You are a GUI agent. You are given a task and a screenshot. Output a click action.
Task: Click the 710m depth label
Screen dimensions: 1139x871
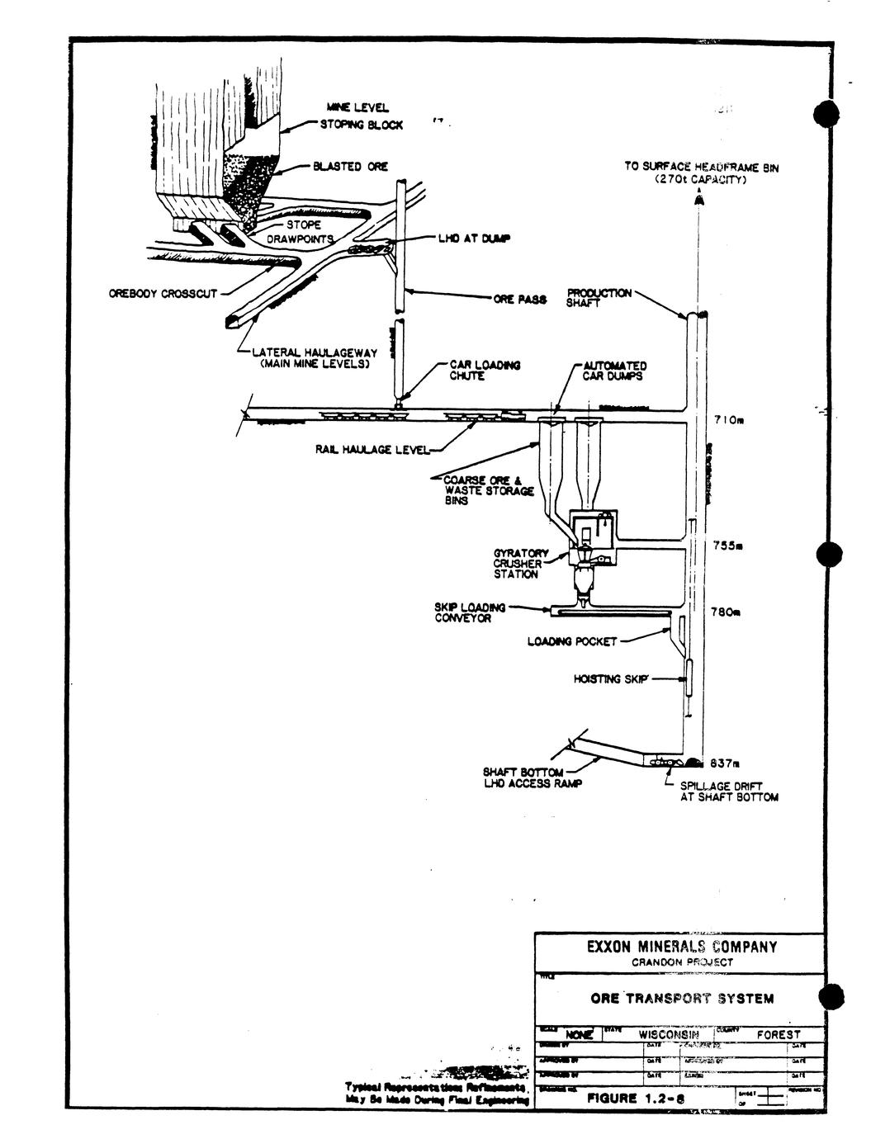pyautogui.click(x=729, y=420)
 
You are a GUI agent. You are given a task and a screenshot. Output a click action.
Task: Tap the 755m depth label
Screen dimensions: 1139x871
pyautogui.click(x=729, y=546)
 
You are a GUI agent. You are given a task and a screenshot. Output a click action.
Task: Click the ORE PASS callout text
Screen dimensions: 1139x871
pyautogui.click(x=520, y=300)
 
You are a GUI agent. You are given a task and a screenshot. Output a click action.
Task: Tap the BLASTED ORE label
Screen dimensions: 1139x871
pyautogui.click(x=350, y=167)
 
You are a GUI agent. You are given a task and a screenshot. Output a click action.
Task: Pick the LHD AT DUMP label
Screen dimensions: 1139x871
pyautogui.click(x=473, y=239)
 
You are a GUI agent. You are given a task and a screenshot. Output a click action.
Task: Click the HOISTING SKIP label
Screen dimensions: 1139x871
pyautogui.click(x=611, y=679)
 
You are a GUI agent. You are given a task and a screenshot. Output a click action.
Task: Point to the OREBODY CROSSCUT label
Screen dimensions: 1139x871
pyautogui.click(x=163, y=293)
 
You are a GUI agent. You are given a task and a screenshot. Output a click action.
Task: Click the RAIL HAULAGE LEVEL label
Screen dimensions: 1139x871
pyautogui.click(x=372, y=450)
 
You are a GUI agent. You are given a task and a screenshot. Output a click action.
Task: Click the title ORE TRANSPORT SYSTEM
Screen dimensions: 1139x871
pyautogui.click(x=682, y=999)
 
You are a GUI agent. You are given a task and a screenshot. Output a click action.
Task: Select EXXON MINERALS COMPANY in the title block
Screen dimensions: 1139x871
pyautogui.click(x=682, y=947)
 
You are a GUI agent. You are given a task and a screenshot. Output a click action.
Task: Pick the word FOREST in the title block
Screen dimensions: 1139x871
pyautogui.click(x=779, y=1034)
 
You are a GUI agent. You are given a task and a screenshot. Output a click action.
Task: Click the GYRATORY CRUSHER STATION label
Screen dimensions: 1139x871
pyautogui.click(x=517, y=564)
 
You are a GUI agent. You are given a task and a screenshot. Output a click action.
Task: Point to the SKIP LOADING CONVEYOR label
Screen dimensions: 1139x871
pyautogui.click(x=471, y=612)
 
